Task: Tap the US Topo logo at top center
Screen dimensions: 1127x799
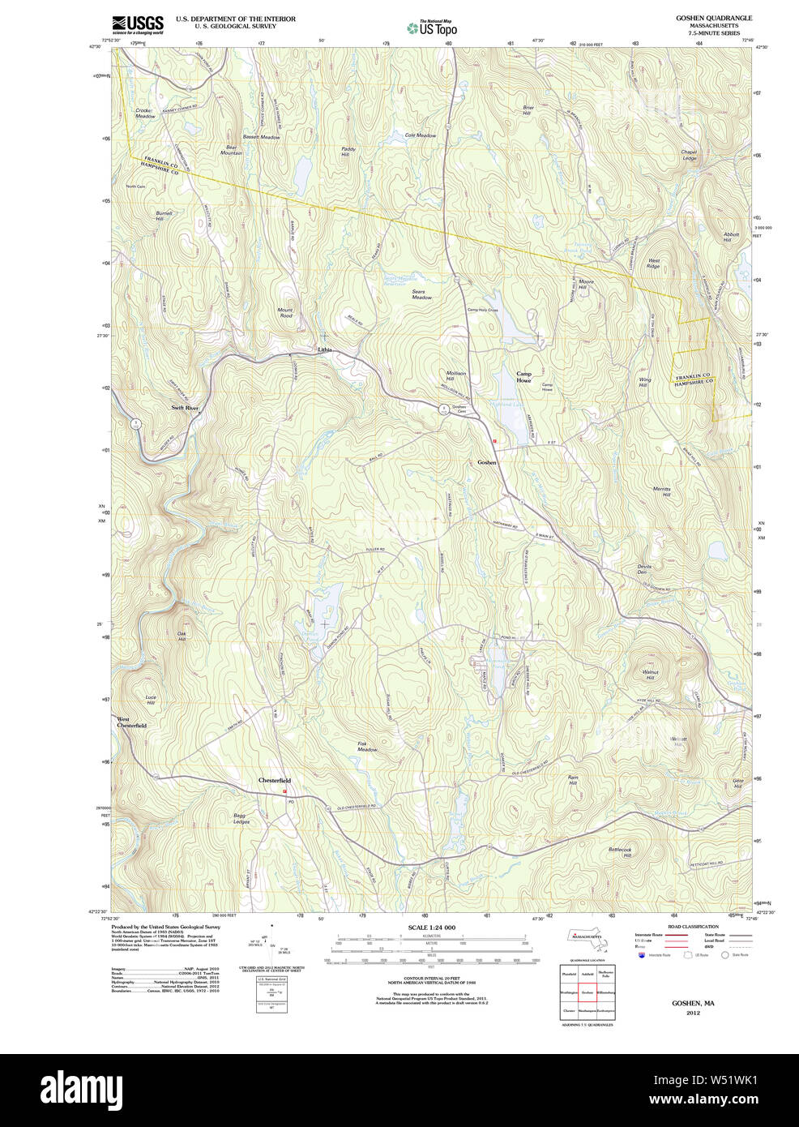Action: pyautogui.click(x=432, y=28)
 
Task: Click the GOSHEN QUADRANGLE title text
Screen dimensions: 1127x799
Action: pyautogui.click(x=714, y=18)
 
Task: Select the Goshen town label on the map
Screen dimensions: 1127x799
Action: pyautogui.click(x=486, y=462)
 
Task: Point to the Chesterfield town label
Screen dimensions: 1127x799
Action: pyautogui.click(x=274, y=780)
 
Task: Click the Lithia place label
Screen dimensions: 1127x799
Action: pyautogui.click(x=324, y=349)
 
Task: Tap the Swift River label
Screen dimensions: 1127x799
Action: pyautogui.click(x=185, y=408)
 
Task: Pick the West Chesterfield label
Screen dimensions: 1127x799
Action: pyautogui.click(x=131, y=722)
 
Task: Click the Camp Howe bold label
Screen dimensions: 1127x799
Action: pyautogui.click(x=523, y=376)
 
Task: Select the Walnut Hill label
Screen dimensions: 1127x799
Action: pyautogui.click(x=650, y=675)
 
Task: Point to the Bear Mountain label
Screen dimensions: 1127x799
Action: pyautogui.click(x=232, y=150)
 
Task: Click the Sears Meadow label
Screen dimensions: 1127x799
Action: pyautogui.click(x=421, y=294)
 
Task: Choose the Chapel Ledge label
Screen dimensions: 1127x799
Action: pyautogui.click(x=689, y=155)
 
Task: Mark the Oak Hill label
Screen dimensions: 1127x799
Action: pyautogui.click(x=182, y=637)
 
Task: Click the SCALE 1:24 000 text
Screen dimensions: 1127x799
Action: pyautogui.click(x=431, y=927)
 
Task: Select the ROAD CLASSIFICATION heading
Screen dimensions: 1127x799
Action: pyautogui.click(x=693, y=926)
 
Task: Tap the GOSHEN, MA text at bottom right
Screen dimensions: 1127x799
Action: pyautogui.click(x=692, y=1003)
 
